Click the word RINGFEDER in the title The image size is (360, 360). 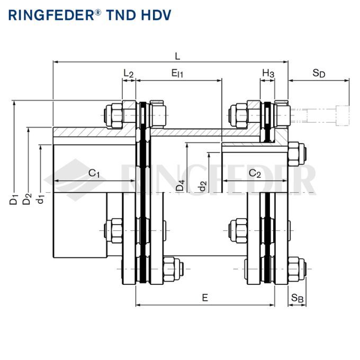pos(50,14)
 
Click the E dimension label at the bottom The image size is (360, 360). pos(205,298)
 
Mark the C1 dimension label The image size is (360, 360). pos(94,173)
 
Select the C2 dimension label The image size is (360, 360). pos(255,173)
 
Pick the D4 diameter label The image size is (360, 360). pos(181,186)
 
